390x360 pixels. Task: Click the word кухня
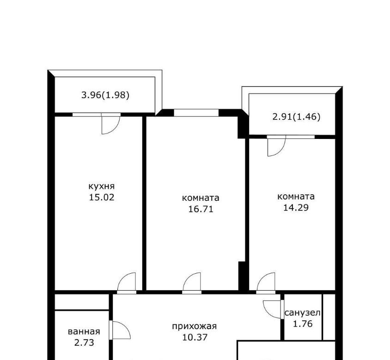coord(102,186)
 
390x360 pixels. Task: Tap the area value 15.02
coord(102,197)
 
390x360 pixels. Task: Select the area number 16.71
coord(201,209)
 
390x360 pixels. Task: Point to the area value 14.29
coord(296,207)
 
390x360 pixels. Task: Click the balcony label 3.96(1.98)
coord(105,95)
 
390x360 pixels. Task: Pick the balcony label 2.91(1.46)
coord(296,116)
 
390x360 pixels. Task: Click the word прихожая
coord(194,326)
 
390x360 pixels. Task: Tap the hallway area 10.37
coord(195,337)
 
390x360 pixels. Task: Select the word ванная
coord(84,332)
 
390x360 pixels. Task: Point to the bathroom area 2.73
coord(84,343)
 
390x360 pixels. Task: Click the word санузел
coord(303,313)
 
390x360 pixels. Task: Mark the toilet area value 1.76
coord(303,324)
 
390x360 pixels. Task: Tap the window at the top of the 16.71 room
coord(196,113)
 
